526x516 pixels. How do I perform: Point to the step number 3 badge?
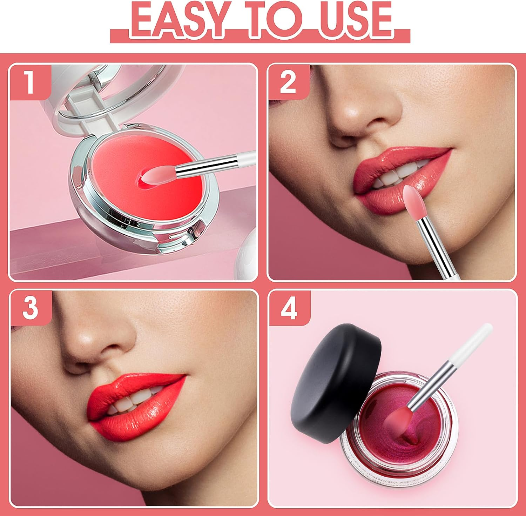click(30, 308)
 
